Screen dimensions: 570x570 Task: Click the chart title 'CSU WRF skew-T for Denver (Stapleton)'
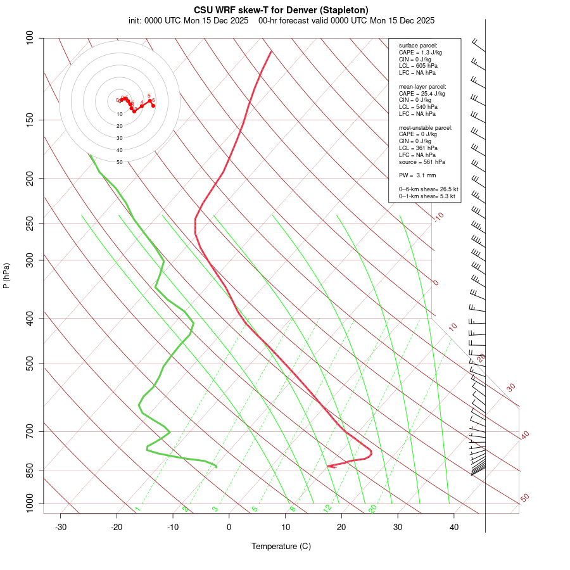pos(281,9)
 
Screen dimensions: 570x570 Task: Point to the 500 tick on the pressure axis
pos(30,364)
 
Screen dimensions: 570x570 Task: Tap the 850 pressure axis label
pos(30,471)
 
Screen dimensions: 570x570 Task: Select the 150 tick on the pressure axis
pos(30,120)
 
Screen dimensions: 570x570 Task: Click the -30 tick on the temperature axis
pos(61,527)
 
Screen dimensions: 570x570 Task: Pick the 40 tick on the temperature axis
pos(454,527)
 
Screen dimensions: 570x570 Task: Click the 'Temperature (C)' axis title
pos(281,546)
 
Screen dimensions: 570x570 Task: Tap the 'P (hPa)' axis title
pos(7,275)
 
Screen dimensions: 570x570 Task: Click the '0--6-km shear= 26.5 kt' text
pos(428,189)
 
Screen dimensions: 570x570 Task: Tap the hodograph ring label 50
pos(120,162)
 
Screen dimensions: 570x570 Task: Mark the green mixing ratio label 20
pos(373,508)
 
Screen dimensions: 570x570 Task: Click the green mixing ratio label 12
pos(327,508)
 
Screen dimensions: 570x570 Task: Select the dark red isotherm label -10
pos(438,217)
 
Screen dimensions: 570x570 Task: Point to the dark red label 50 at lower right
pos(524,498)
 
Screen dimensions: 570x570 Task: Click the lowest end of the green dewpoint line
pos(217,467)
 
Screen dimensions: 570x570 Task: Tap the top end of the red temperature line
pos(271,51)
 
